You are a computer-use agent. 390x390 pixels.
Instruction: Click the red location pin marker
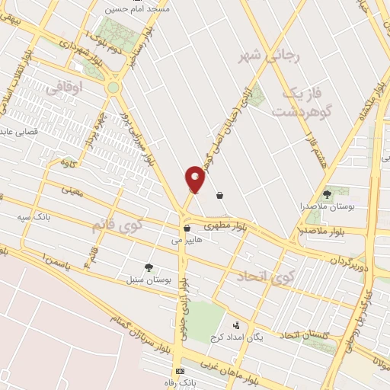click(195, 179)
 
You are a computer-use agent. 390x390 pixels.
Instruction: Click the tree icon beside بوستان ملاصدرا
click(328, 194)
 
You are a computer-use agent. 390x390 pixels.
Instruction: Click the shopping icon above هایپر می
click(186, 228)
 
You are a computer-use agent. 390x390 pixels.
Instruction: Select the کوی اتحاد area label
click(266, 277)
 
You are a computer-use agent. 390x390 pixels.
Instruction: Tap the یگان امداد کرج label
click(237, 336)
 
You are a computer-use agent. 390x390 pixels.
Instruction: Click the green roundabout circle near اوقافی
click(113, 88)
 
